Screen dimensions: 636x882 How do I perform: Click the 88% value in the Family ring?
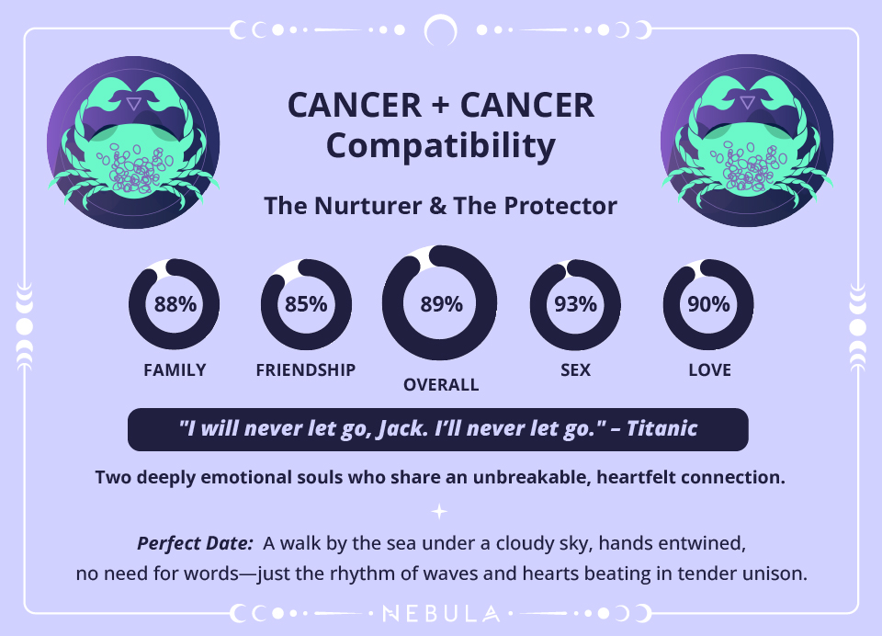[175, 305]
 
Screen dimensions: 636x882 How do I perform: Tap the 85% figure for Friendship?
[306, 305]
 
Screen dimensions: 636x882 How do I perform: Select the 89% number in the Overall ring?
[441, 305]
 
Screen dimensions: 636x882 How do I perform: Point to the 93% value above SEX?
[576, 305]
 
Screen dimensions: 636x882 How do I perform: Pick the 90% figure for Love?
[708, 305]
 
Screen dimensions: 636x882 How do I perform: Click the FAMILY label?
[175, 370]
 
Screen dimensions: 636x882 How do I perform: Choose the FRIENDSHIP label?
[306, 370]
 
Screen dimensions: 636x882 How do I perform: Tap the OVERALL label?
[441, 385]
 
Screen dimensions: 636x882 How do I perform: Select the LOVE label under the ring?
[709, 370]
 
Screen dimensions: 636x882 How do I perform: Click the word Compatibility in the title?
[441, 145]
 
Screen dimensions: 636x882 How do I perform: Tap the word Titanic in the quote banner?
[661, 428]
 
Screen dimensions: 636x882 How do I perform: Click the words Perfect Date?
[194, 543]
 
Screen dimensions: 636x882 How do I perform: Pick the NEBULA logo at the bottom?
[441, 612]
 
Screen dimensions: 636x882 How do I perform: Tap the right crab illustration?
[747, 141]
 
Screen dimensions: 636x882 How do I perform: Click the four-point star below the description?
[440, 511]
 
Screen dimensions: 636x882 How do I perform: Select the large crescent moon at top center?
[441, 31]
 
